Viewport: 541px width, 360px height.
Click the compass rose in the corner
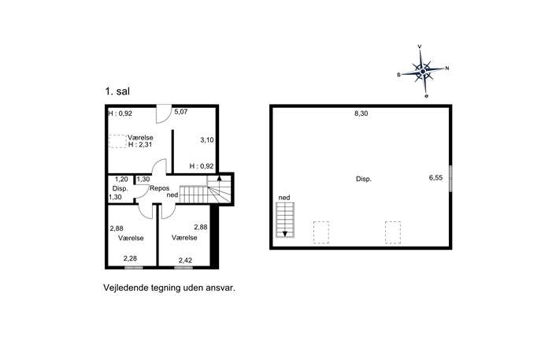pos(423,71)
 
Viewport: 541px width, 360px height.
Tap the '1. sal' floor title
pos(117,91)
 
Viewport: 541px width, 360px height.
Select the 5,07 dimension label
pos(181,112)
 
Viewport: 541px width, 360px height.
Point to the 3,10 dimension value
pos(207,139)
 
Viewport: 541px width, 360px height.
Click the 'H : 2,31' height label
pos(140,145)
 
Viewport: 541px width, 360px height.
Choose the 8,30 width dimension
pos(361,113)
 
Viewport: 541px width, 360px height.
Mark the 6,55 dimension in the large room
pos(435,178)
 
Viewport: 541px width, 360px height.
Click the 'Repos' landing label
pos(159,188)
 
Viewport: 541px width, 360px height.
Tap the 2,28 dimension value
pos(131,258)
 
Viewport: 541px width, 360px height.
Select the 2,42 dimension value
pos(185,260)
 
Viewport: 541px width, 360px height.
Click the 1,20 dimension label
pos(121,179)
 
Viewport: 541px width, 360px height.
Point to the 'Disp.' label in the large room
pos(364,179)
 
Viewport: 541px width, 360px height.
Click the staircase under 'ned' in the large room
pos(285,220)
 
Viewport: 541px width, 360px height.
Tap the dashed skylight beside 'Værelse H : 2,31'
pos(117,141)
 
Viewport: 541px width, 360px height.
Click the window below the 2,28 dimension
pos(134,268)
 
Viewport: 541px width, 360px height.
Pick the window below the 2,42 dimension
pos(183,268)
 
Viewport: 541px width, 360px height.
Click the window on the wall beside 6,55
pos(450,179)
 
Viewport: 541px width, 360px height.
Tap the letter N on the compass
pos(447,69)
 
